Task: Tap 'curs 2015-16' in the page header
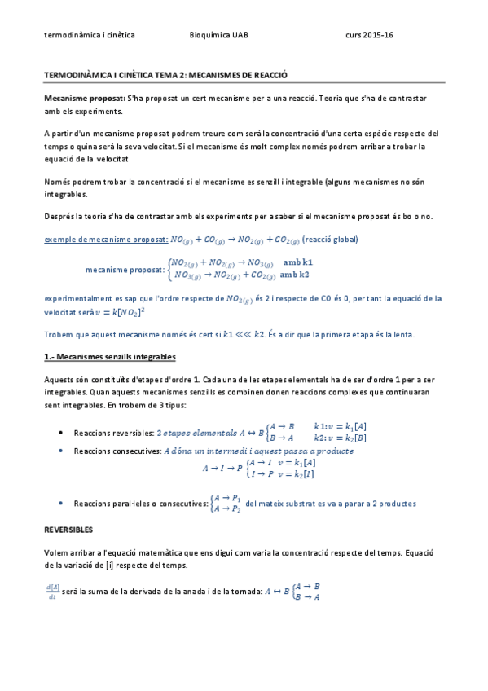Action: pyautogui.click(x=369, y=36)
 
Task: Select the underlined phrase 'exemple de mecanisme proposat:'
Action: pyautogui.click(x=106, y=240)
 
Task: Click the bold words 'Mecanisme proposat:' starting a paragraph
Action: pyautogui.click(x=85, y=98)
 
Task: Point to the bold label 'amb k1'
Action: pyautogui.click(x=297, y=262)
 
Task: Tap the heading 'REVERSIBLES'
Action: pyautogui.click(x=68, y=529)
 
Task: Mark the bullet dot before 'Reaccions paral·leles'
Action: pyautogui.click(x=64, y=504)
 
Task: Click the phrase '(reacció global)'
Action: pyautogui.click(x=329, y=240)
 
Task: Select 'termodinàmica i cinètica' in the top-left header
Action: pyautogui.click(x=90, y=36)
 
